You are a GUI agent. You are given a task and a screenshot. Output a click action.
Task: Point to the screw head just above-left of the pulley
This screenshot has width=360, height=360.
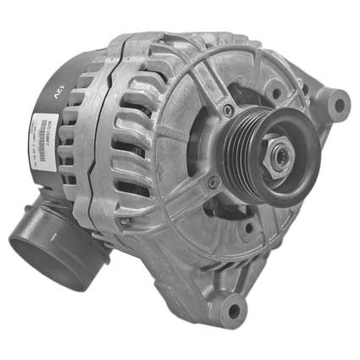coord(228,110)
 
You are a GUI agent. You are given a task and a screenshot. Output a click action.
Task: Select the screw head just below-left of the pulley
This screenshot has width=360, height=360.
coord(213,181)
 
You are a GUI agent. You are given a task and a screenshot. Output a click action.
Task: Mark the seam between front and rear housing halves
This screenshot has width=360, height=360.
coord(105,152)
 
